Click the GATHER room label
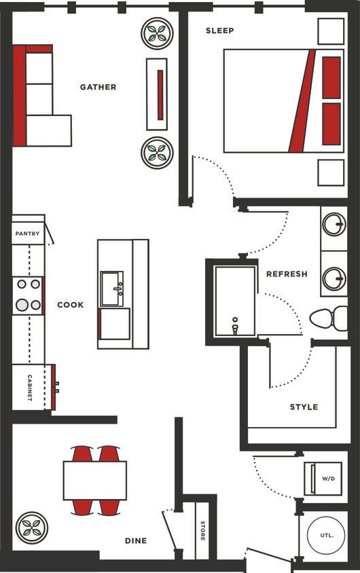[x=98, y=87]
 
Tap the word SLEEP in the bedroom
[x=219, y=31]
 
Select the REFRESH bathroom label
[x=287, y=274]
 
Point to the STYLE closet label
[x=304, y=407]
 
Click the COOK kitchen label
[x=71, y=305]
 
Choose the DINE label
[x=136, y=541]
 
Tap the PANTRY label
[x=26, y=234]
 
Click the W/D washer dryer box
[x=328, y=479]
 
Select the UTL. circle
[x=327, y=535]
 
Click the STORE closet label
[x=202, y=530]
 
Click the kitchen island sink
[x=111, y=289]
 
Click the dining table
[x=95, y=480]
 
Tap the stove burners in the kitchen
[x=28, y=295]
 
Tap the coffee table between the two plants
[x=157, y=94]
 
